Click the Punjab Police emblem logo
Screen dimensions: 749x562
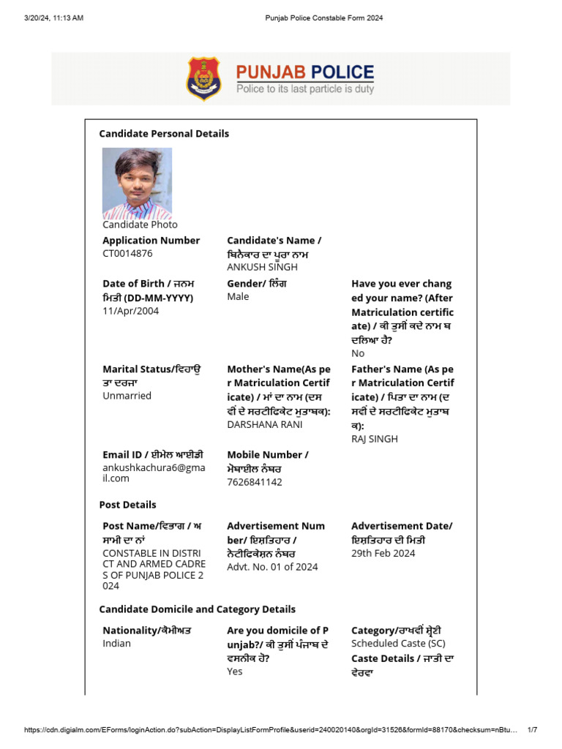203,78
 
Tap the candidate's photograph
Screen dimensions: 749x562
137,183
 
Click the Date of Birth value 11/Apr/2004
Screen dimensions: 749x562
130,311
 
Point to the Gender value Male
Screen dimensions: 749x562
238,296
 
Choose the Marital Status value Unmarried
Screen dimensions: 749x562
127,396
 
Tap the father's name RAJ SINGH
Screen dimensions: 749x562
375,439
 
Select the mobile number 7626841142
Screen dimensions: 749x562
254,482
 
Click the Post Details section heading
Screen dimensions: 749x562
127,505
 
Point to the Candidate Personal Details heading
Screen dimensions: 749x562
164,133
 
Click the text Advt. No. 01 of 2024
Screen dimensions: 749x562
272,567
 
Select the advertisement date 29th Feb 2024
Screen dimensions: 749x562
383,553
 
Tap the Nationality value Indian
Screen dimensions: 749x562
116,643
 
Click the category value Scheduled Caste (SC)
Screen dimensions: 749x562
398,643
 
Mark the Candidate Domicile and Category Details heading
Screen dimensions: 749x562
197,609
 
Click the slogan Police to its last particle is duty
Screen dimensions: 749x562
304,89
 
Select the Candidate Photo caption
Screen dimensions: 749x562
140,225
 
